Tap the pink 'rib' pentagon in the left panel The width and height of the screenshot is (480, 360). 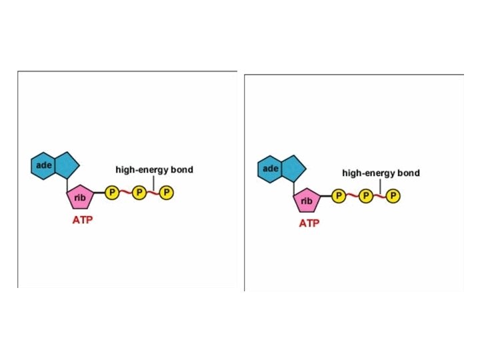tap(80, 197)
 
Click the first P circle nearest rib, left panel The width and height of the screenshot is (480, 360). tap(111, 193)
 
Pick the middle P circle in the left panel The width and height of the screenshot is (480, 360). tap(139, 193)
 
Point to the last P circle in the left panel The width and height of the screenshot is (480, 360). tap(167, 193)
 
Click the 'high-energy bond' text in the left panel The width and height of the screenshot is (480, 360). tap(154, 169)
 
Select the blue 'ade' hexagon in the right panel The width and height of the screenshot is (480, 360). tap(271, 169)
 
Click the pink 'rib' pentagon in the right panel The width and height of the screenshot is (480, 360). tap(307, 200)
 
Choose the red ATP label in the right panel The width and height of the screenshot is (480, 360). tap(309, 223)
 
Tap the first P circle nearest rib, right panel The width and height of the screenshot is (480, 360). tap(338, 196)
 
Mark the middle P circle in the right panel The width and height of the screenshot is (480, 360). tap(365, 196)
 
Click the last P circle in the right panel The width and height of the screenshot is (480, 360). tap(393, 196)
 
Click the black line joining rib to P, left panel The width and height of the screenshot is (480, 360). tap(99, 193)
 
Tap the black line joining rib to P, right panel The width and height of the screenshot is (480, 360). tap(325, 196)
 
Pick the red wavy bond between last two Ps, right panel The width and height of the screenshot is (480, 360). tap(379, 196)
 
